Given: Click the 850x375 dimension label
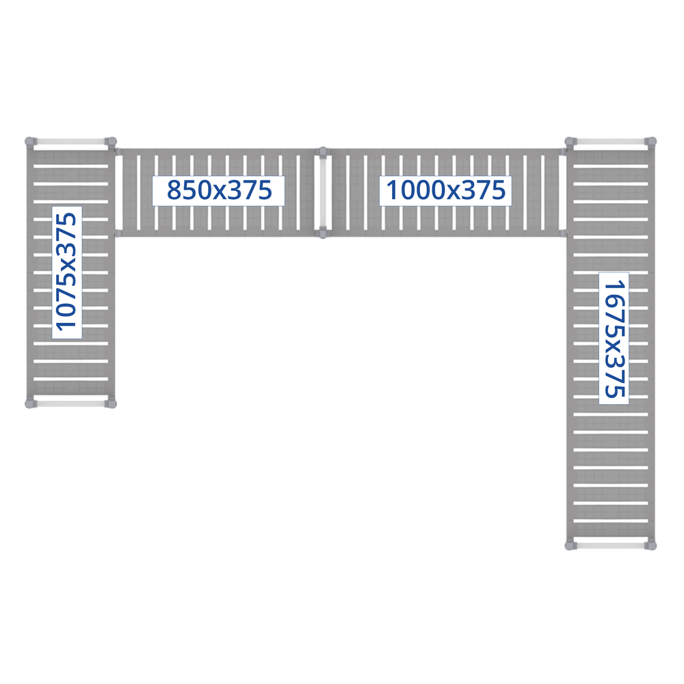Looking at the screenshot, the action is click(x=219, y=190).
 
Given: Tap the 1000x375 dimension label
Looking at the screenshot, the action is click(x=446, y=190).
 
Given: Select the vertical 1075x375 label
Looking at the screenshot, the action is click(x=67, y=272).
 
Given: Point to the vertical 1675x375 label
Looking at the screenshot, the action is click(x=614, y=339).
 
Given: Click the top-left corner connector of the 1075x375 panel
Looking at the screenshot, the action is click(x=31, y=142).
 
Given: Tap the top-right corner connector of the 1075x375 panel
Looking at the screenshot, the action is click(x=110, y=142).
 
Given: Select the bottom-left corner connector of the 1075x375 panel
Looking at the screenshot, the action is click(x=31, y=404).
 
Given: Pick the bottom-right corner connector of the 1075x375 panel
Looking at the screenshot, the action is click(x=110, y=404).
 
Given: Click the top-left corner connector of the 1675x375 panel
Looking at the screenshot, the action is click(x=570, y=142).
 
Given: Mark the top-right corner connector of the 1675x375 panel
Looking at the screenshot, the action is click(x=650, y=142).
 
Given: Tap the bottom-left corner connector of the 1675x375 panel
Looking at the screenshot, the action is click(x=570, y=545).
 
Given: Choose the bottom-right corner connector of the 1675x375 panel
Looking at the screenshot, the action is click(x=650, y=545).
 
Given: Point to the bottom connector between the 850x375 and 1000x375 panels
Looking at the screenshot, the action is click(x=323, y=233).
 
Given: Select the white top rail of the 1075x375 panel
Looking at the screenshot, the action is click(x=70, y=142).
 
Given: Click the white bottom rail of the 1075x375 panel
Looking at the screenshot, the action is click(x=70, y=404).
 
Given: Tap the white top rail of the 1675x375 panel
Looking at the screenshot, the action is click(x=610, y=142).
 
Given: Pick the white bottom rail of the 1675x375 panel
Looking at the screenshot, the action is click(x=610, y=545).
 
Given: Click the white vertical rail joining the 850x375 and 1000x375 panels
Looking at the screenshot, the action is click(x=323, y=192).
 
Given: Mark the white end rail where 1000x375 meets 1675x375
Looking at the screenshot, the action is click(x=562, y=192).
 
